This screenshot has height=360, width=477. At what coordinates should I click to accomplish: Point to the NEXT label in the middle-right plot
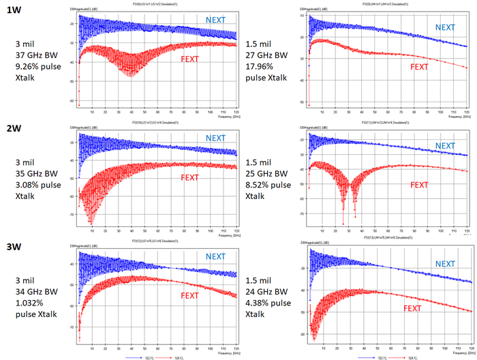[x=446, y=145]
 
